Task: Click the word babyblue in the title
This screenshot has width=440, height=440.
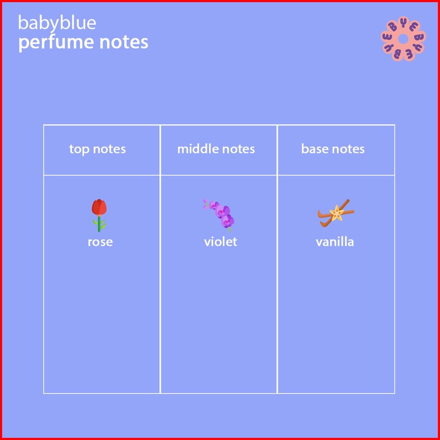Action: click(x=57, y=23)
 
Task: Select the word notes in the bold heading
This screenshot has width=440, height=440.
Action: click(x=124, y=42)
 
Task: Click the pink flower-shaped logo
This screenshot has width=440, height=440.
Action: click(x=403, y=39)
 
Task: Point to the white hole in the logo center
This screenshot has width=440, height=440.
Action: click(x=403, y=39)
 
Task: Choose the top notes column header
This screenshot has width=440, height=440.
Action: click(x=97, y=149)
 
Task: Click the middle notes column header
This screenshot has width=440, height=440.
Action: click(x=216, y=149)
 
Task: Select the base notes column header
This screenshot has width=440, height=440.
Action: click(x=333, y=149)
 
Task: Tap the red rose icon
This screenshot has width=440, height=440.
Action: click(x=99, y=215)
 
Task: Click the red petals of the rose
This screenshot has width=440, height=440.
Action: click(x=99, y=207)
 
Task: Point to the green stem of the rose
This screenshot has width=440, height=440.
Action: click(x=99, y=224)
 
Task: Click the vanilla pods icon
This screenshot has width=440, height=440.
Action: click(x=336, y=213)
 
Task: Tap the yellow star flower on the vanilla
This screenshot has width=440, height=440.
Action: click(x=337, y=213)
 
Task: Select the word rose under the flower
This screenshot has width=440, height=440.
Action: click(x=100, y=242)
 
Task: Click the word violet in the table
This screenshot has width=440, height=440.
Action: click(x=220, y=241)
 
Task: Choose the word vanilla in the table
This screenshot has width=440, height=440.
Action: click(x=335, y=241)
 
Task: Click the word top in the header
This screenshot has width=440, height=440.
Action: click(x=79, y=149)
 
